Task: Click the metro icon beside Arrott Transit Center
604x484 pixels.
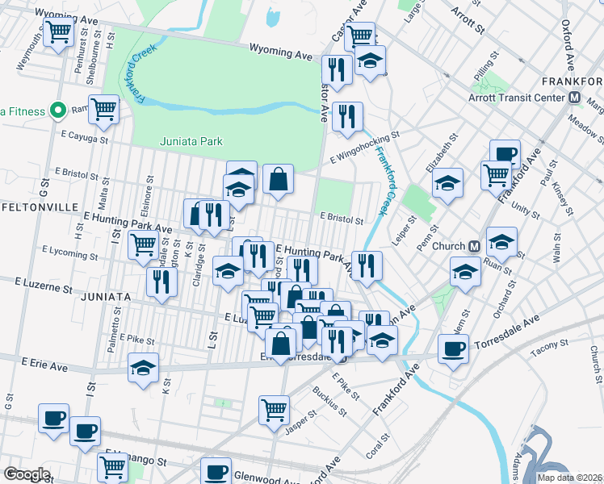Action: [x=576, y=98]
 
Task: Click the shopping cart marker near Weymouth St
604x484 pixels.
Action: [x=59, y=33]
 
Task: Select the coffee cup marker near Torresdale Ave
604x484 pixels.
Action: [x=454, y=348]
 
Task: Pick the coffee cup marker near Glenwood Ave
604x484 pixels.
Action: [x=216, y=471]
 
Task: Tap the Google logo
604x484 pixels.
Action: [x=27, y=474]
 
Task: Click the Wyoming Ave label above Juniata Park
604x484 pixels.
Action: [x=280, y=53]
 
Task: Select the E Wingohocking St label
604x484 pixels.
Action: [x=365, y=147]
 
